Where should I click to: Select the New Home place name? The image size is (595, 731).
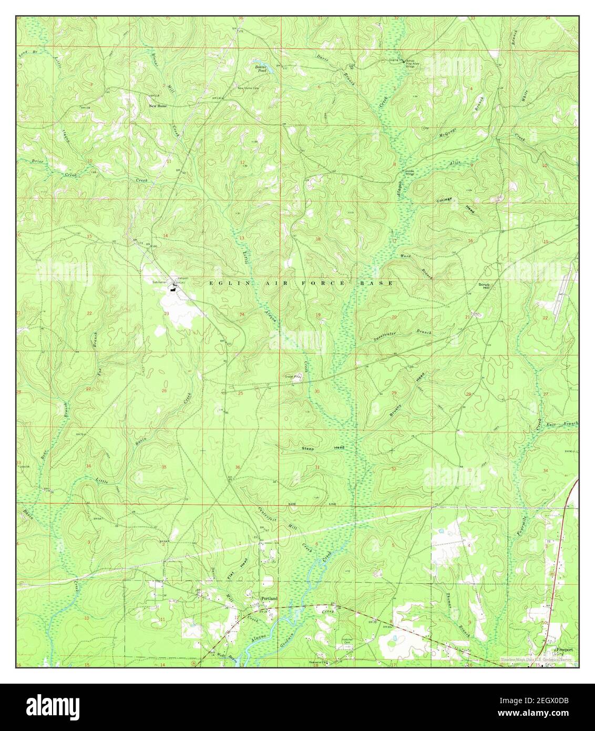158,106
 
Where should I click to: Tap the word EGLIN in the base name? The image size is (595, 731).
221,283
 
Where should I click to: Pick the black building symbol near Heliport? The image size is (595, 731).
172,287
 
